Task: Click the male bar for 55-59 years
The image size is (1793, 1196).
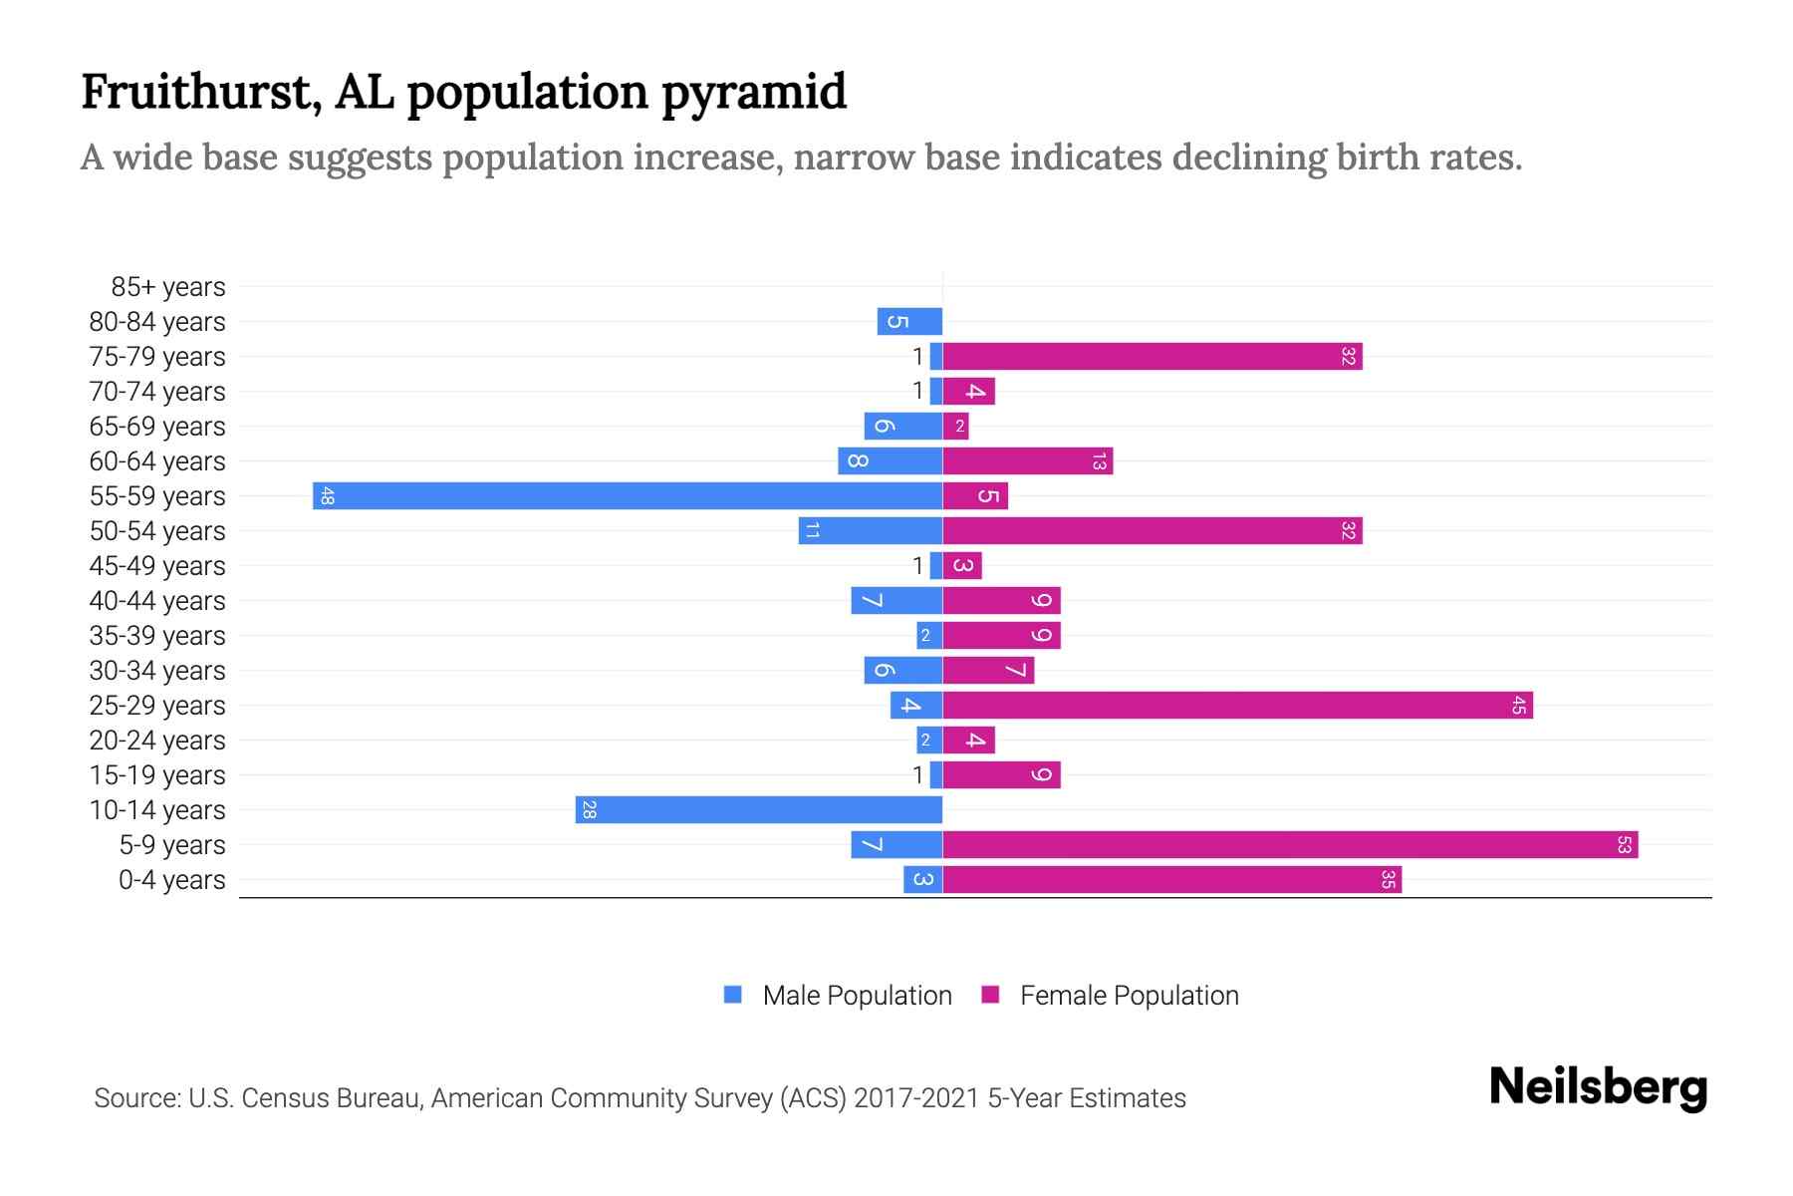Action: point(628,496)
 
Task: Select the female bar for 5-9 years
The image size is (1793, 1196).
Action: point(1290,845)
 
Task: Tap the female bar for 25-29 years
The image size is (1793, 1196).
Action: point(1237,706)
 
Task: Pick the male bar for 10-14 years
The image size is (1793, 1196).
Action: point(758,810)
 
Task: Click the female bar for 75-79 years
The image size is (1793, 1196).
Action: point(1153,357)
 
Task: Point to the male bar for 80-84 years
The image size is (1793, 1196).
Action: point(909,322)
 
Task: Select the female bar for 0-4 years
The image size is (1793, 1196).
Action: point(1171,880)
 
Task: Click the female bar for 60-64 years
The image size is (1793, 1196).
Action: point(1027,461)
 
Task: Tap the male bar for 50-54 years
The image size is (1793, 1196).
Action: point(870,531)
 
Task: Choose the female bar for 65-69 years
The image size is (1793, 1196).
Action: point(955,427)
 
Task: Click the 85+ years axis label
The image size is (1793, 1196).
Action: point(168,287)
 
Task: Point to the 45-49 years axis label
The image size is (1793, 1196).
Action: point(157,566)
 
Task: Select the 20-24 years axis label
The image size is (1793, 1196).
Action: point(157,741)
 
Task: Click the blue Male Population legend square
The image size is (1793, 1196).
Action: point(733,995)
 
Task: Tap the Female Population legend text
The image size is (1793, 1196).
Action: point(1129,996)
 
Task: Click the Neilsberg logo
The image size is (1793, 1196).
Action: point(1598,1087)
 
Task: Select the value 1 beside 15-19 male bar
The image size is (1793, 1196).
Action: point(917,775)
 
